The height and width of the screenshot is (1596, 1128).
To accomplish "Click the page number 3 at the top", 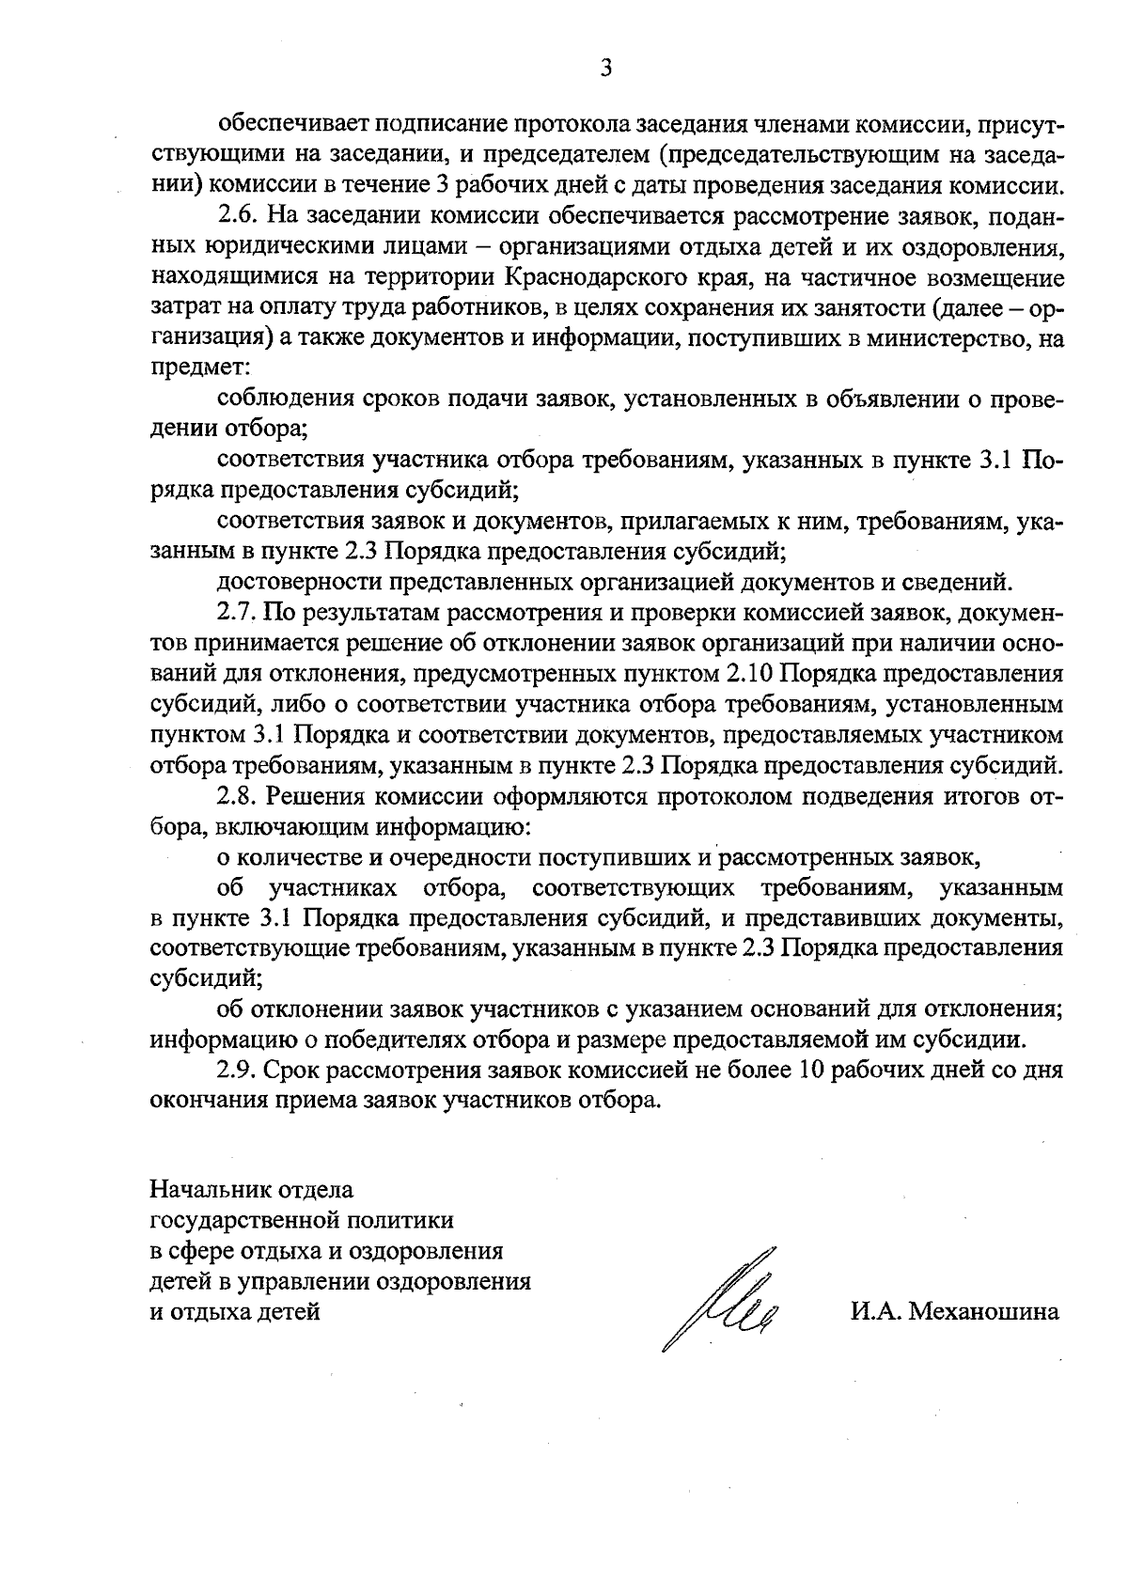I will point(605,68).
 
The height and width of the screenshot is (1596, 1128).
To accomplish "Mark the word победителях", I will point(373,1040).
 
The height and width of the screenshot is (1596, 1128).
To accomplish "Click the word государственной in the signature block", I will point(239,1221).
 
